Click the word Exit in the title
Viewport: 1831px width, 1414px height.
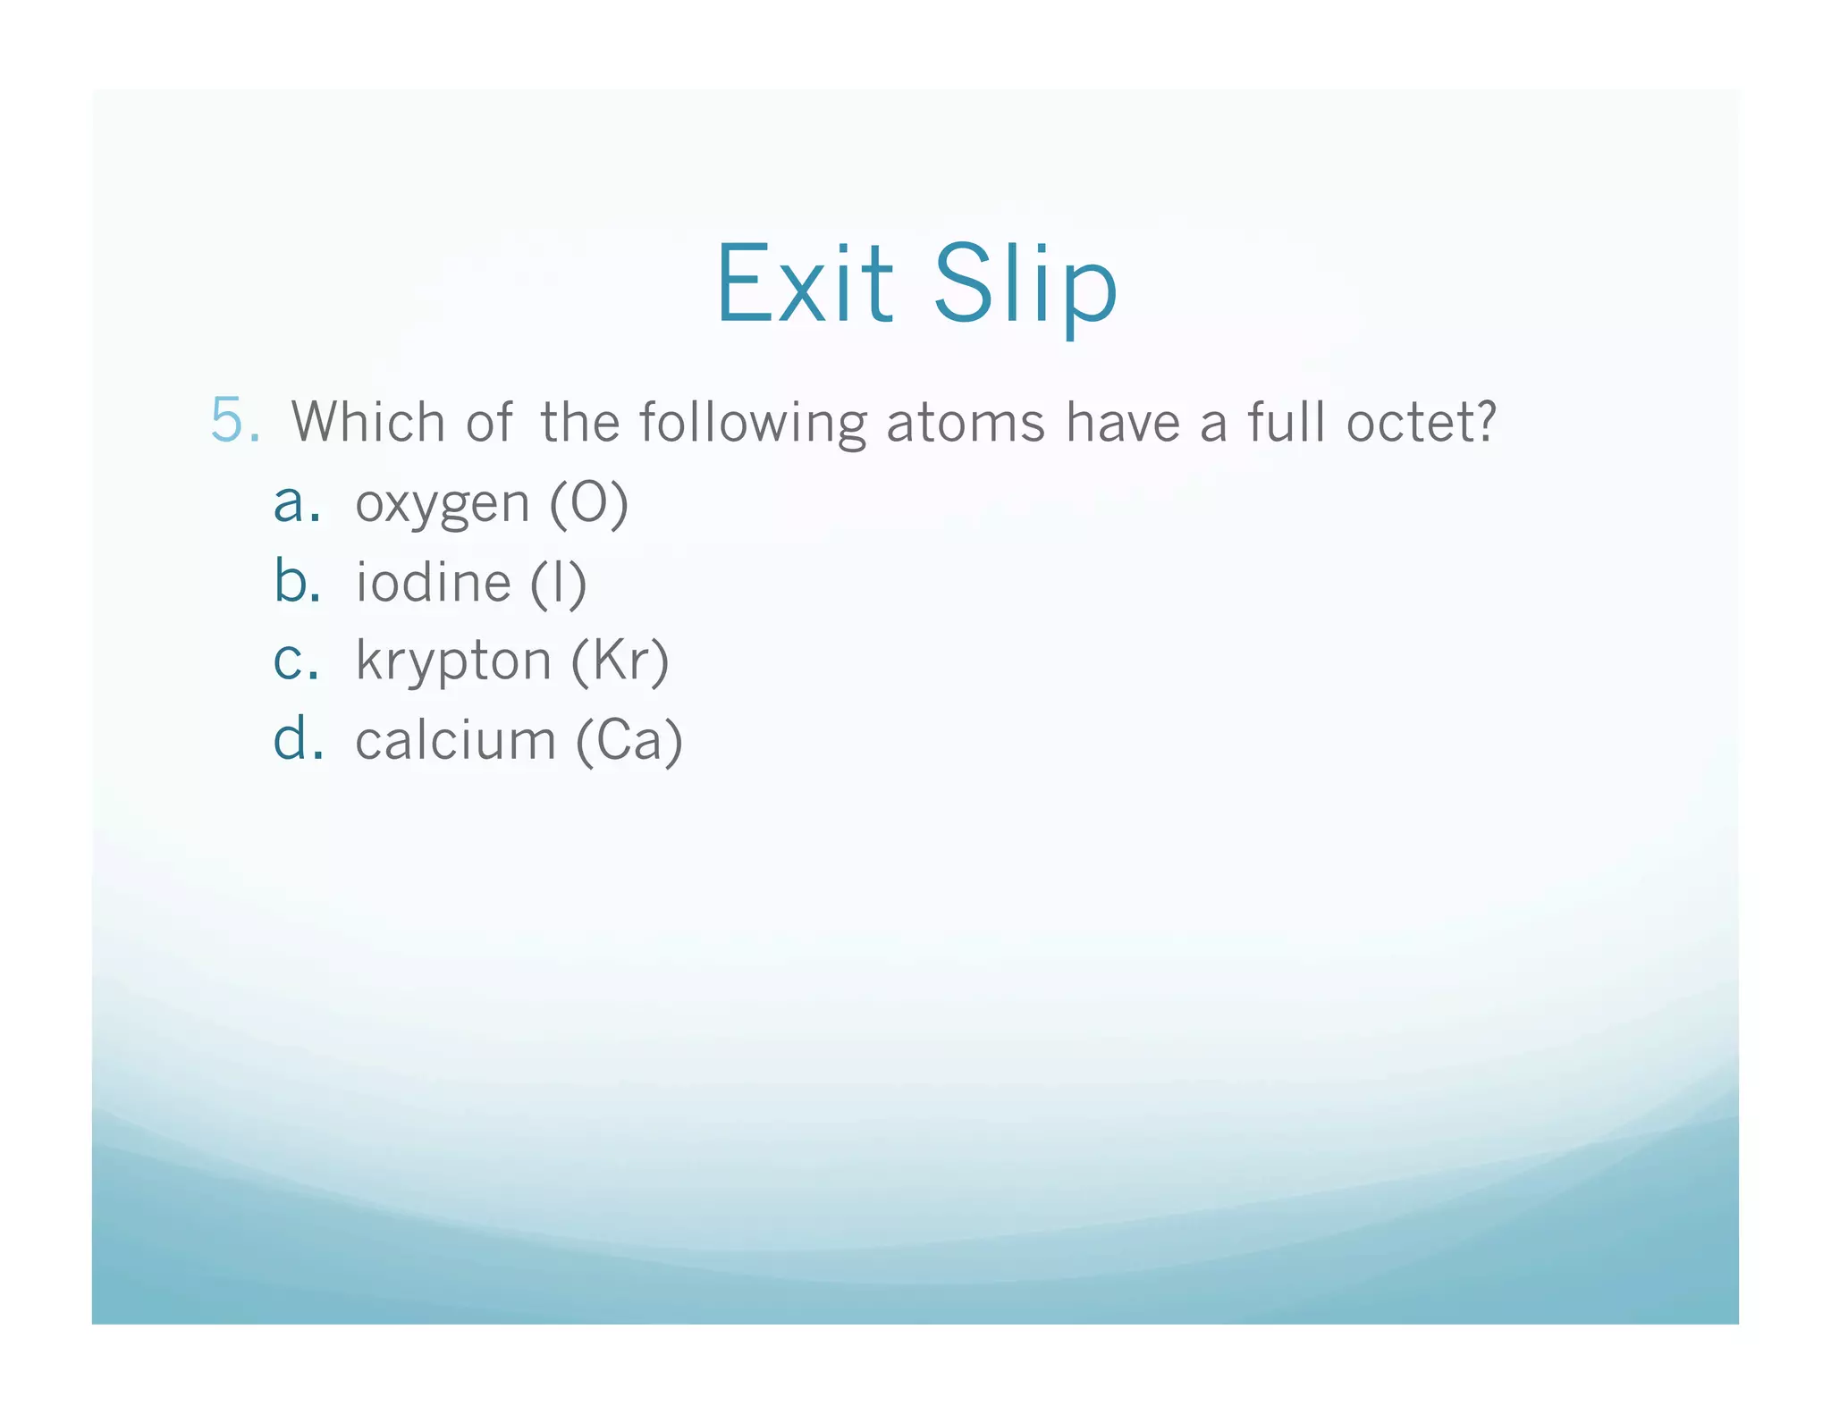(804, 284)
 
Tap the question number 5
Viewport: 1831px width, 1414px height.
(234, 419)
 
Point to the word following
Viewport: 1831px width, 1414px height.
(753, 423)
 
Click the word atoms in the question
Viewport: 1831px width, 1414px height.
(966, 423)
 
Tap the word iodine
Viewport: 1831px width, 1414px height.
(434, 583)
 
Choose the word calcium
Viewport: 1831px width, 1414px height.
(456, 741)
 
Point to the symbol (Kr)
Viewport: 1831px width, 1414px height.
(620, 661)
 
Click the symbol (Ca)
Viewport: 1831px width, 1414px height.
(629, 741)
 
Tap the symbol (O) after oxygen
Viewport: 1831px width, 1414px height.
(589, 504)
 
